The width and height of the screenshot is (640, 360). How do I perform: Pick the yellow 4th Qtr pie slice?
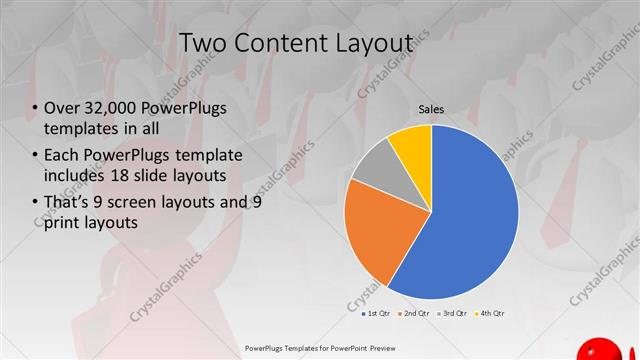pos(412,144)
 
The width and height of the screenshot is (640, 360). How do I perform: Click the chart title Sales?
pos(431,110)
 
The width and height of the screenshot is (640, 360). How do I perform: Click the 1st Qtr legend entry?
pos(376,313)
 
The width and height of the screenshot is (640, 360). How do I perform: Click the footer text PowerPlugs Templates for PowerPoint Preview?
pos(319,347)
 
